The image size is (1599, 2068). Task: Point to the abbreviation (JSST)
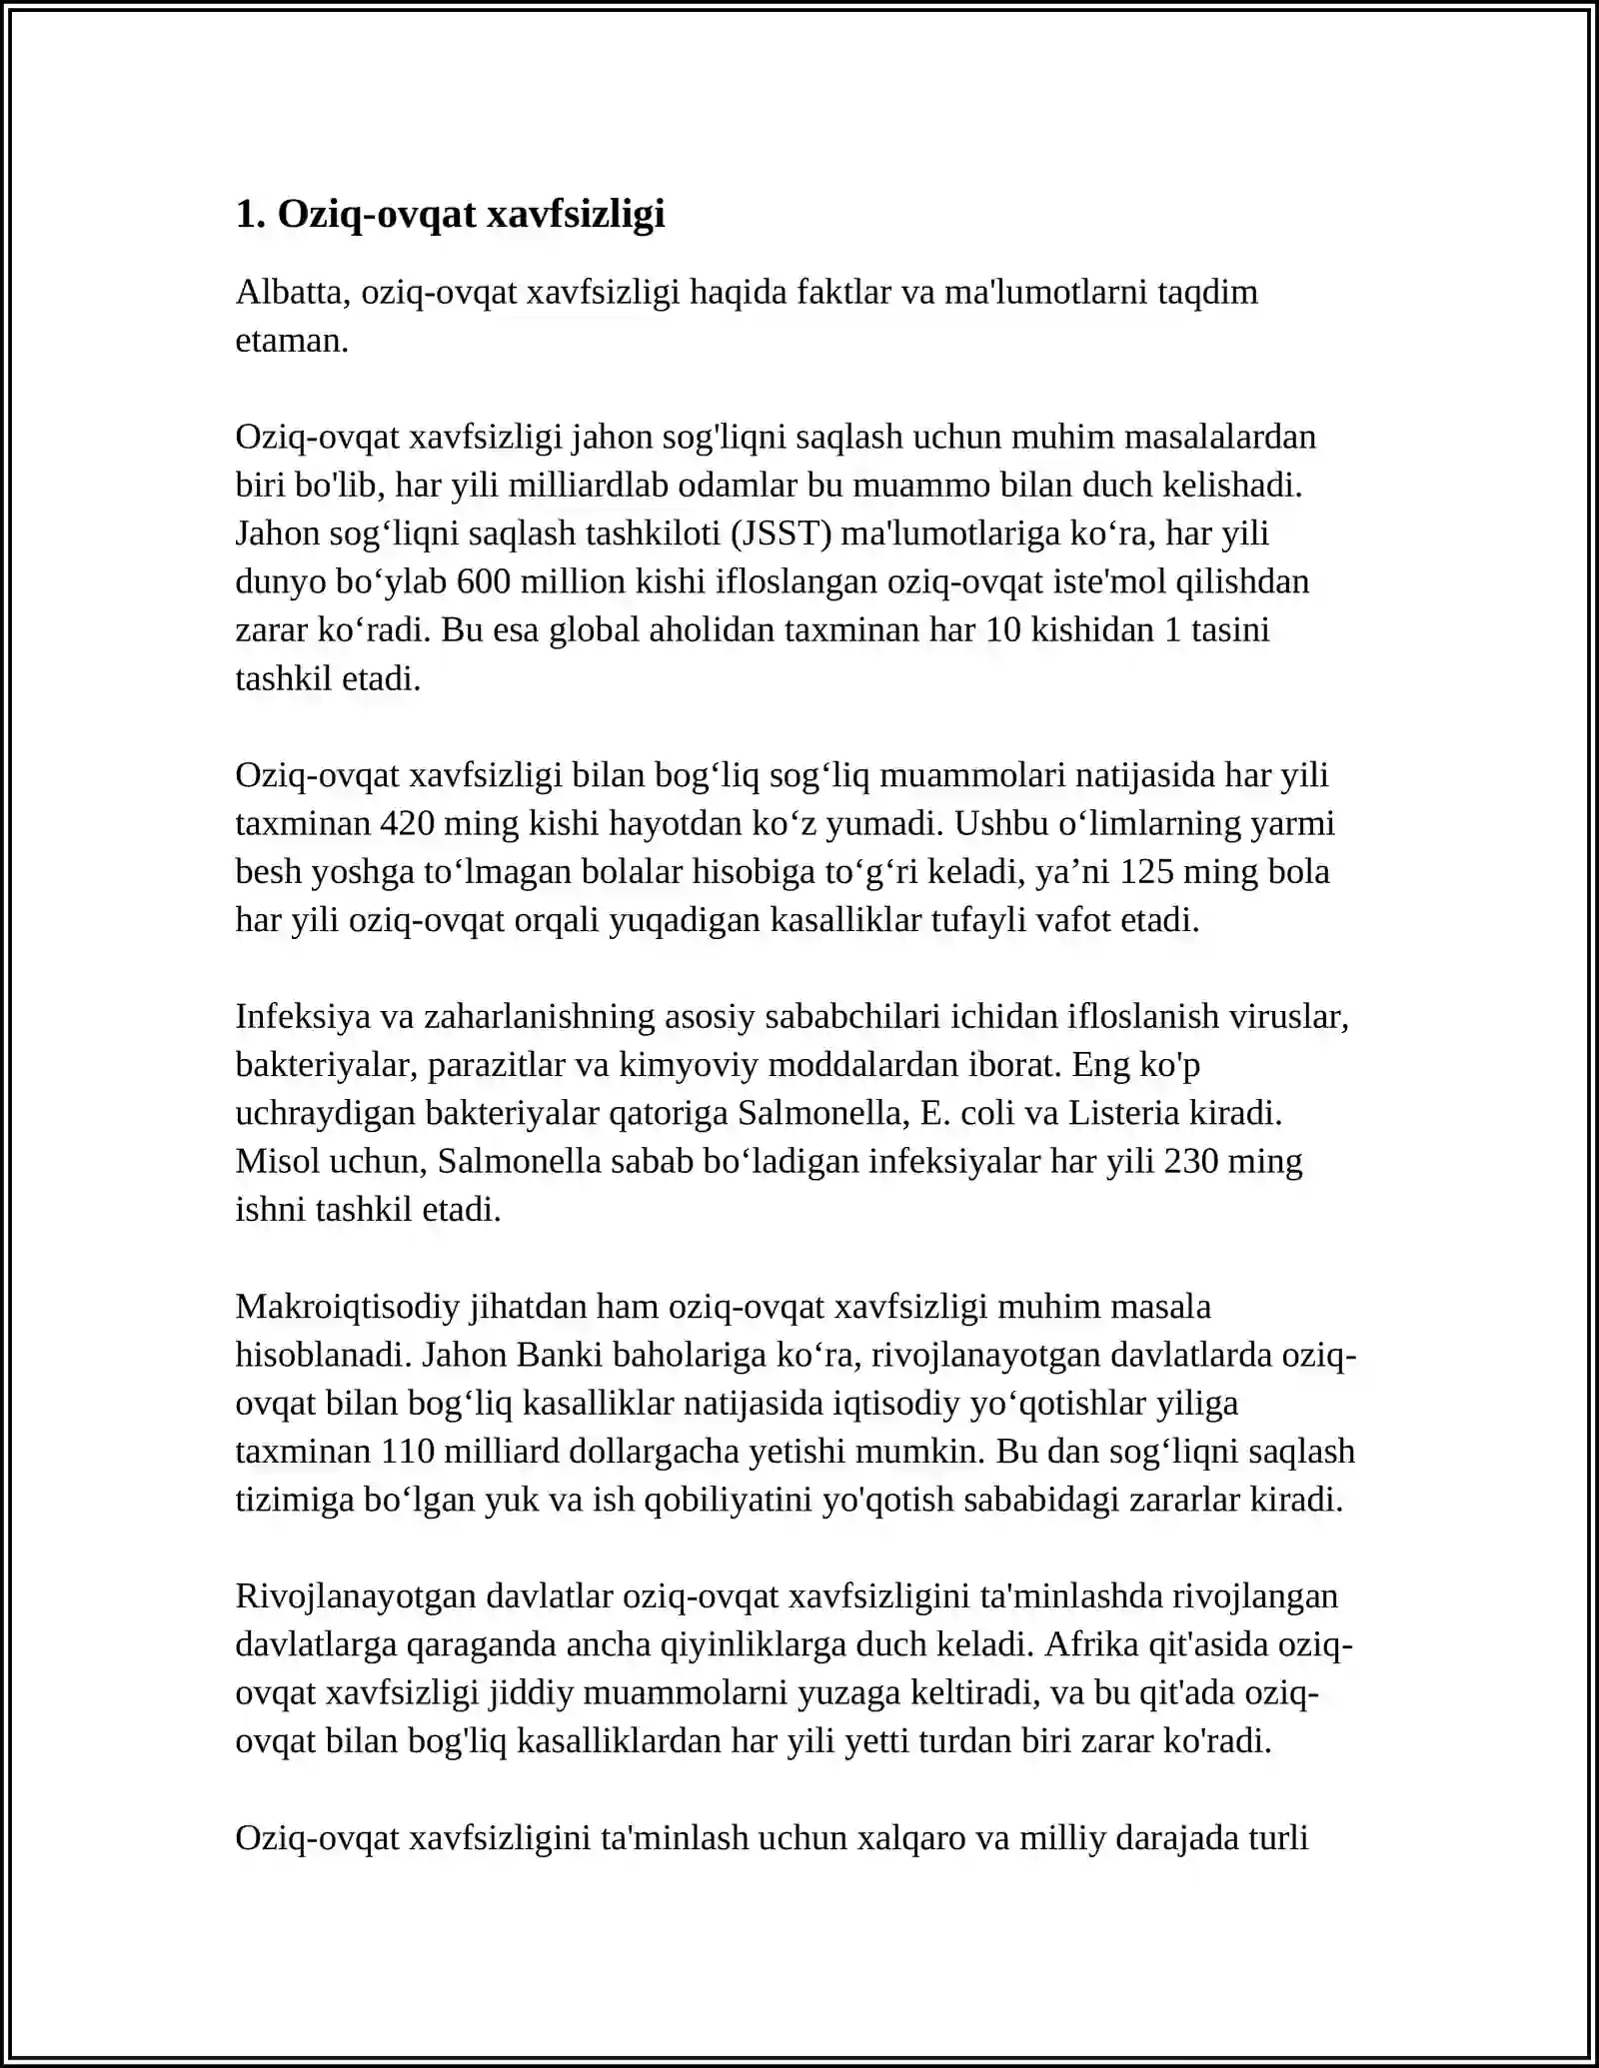(782, 533)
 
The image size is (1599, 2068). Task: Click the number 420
(407, 823)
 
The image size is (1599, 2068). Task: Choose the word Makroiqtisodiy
(347, 1306)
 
